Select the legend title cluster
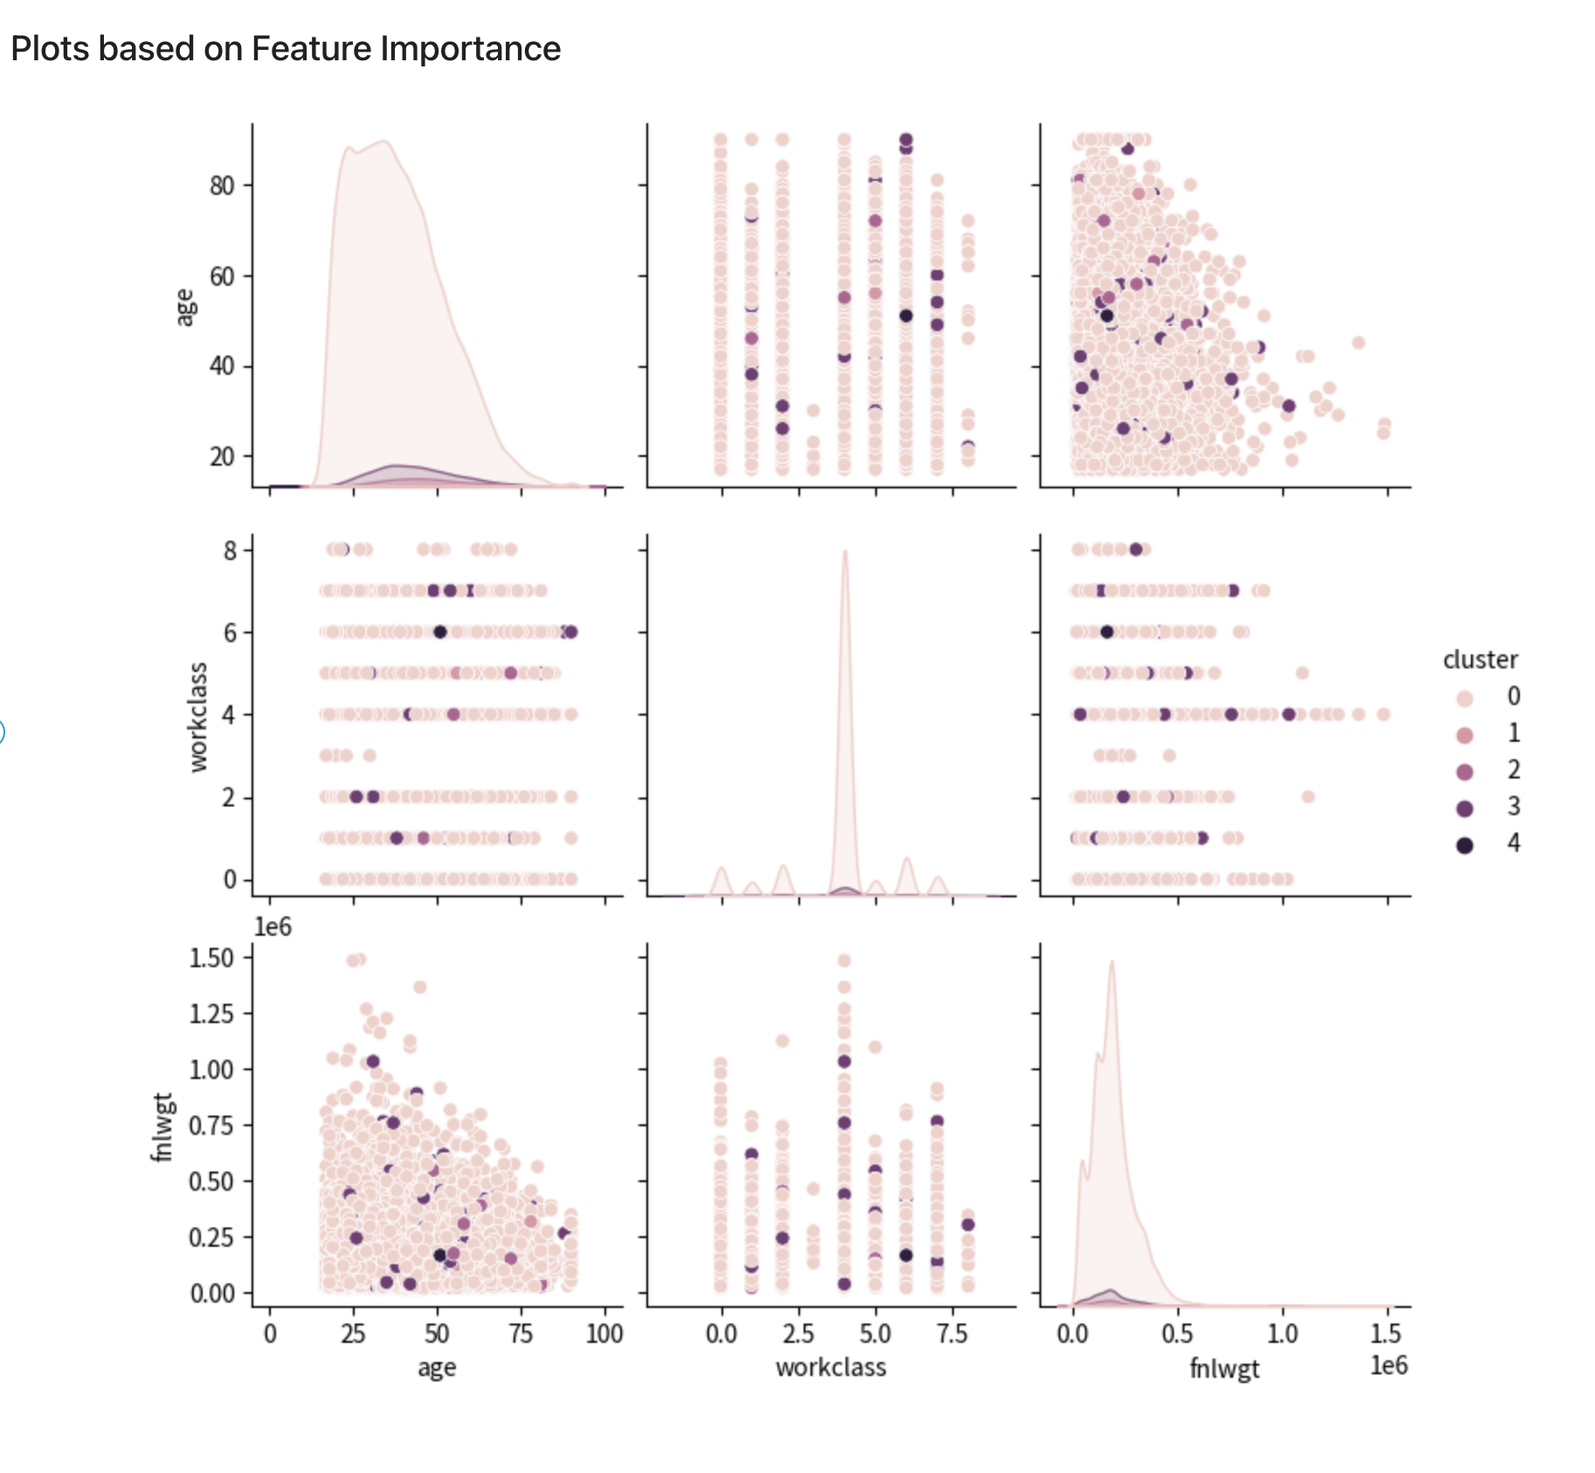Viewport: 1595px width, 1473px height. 1480,660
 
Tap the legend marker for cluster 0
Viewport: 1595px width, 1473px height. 1465,698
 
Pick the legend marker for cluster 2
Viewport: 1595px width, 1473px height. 1465,771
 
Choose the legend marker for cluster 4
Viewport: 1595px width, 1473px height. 1465,845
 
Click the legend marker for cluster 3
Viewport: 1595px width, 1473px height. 1465,808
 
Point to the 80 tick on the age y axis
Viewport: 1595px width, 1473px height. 222,185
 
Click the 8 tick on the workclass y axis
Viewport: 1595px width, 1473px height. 230,550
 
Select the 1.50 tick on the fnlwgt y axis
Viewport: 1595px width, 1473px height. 211,958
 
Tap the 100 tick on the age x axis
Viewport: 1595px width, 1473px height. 604,1334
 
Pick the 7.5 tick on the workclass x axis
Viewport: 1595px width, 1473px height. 952,1334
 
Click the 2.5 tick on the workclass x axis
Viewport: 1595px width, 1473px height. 798,1334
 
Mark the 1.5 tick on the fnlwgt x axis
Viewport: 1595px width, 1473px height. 1385,1334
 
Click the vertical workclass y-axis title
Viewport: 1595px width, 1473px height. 199,717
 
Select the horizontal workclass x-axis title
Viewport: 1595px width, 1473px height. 831,1367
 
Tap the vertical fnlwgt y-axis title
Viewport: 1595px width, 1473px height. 162,1127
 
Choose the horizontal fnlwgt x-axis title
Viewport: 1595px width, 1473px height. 1224,1368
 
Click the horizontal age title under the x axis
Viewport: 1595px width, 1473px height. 437,1368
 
